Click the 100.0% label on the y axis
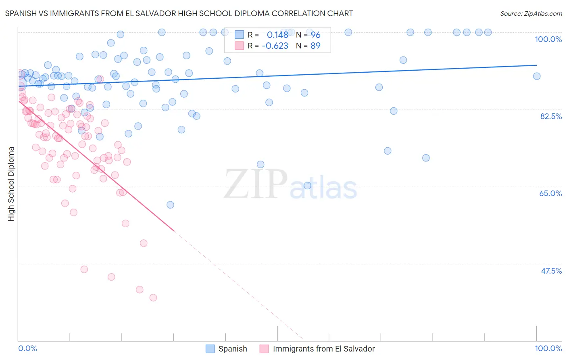coord(548,39)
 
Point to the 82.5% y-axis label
coord(551,116)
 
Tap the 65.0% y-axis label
coord(550,193)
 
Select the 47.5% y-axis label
coord(551,271)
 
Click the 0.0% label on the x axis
coord(27,348)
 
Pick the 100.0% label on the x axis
coord(548,348)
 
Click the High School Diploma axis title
coord(11,184)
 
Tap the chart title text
coord(179,13)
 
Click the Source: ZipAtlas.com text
coord(531,13)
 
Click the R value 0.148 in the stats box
coord(277,35)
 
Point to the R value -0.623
coord(275,46)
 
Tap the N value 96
coord(315,35)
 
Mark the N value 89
coord(315,46)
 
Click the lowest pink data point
coord(153,297)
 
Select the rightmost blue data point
coord(536,76)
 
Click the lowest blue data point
coord(170,205)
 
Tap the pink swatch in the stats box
coord(239,46)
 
